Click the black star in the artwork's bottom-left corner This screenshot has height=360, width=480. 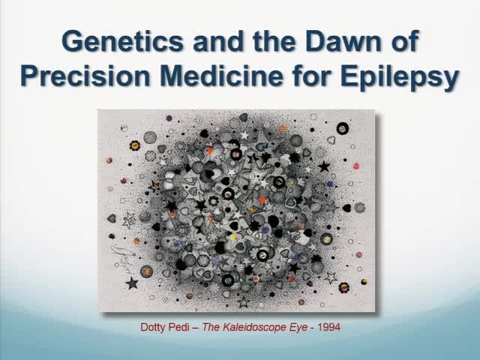(133, 283)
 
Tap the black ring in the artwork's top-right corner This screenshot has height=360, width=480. (343, 128)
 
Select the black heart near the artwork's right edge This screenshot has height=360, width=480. (346, 208)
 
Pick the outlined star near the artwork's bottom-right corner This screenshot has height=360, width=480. (331, 277)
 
